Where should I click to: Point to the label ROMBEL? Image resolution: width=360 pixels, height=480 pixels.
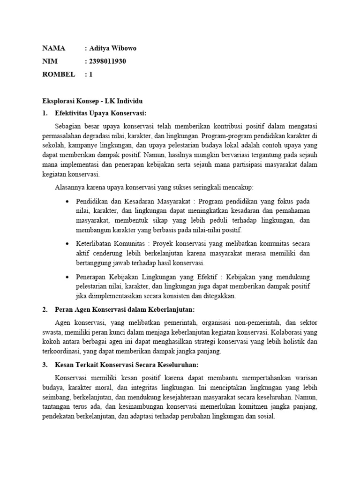[x=58, y=74]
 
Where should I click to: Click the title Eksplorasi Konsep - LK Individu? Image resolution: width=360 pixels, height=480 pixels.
[x=92, y=101]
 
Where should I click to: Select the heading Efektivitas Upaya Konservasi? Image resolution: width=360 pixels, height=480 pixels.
[x=100, y=113]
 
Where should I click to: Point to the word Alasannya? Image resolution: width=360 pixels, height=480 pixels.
[x=70, y=187]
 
